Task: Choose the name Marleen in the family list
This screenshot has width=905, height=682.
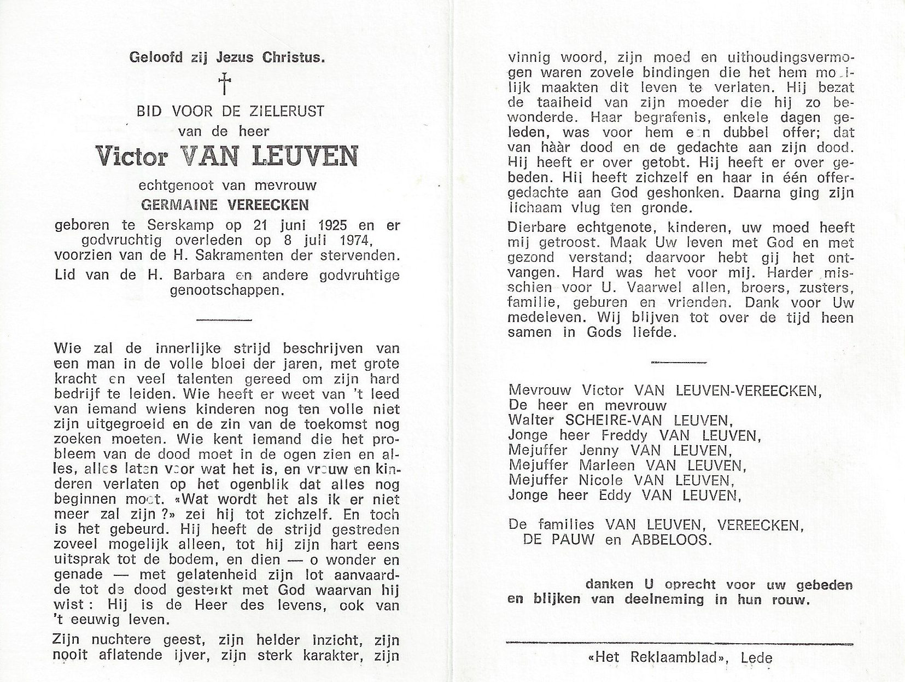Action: [609, 465]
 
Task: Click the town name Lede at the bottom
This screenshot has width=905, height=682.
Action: [757, 658]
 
